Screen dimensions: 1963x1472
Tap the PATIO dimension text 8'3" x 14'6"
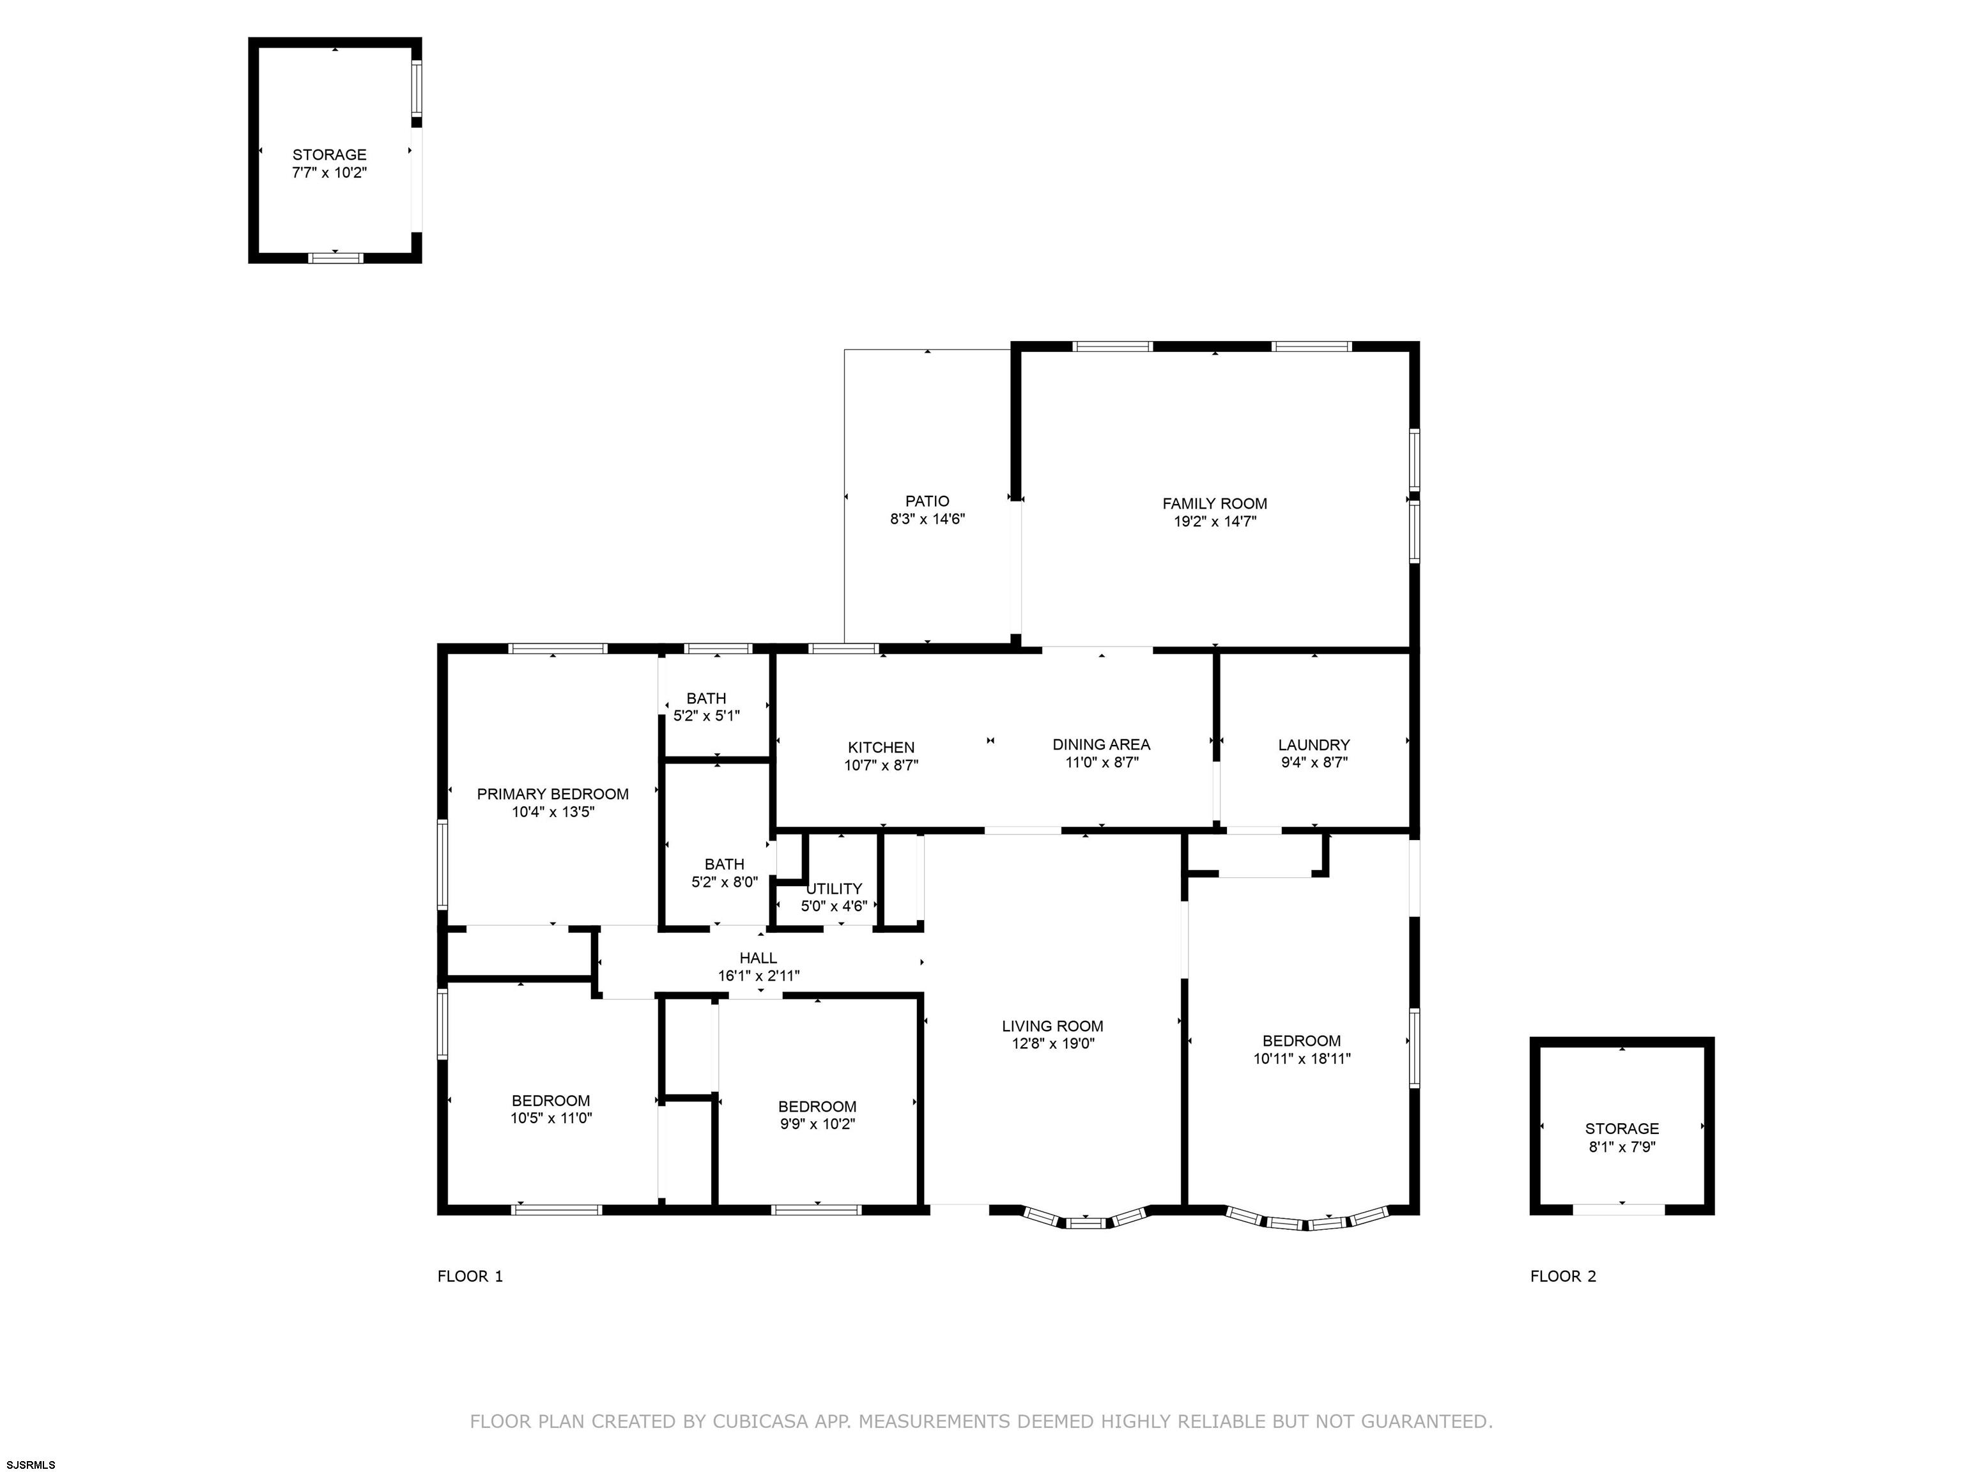point(927,519)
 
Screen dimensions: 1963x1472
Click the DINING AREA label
point(1101,744)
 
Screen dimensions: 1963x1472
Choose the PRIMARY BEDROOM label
point(553,794)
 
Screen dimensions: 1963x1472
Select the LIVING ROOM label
point(1052,1027)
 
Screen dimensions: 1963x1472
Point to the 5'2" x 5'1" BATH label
point(706,698)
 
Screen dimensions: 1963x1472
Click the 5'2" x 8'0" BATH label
point(724,864)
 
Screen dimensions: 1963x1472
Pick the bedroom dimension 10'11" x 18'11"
point(1302,1059)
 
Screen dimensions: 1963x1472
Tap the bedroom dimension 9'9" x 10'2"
point(817,1124)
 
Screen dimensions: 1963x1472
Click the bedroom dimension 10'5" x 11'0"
point(551,1119)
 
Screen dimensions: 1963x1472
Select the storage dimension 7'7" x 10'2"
point(329,173)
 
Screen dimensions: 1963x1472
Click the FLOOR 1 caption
point(470,1276)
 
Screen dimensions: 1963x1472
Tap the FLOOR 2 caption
point(1563,1276)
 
